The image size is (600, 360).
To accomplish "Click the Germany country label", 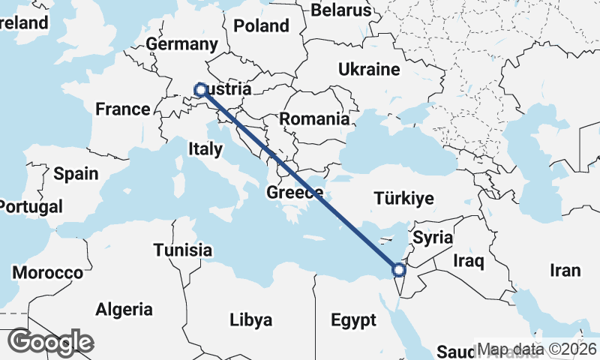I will coord(182,44).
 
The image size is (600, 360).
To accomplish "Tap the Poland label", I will coord(261,26).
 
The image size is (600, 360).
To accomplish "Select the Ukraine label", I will coord(368,70).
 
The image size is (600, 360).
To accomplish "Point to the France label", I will coord(123,109).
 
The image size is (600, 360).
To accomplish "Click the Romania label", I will coord(314,118).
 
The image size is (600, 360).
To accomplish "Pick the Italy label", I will coord(205,149).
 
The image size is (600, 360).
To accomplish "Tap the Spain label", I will coord(76,174).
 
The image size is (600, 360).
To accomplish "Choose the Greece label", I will coord(295,193).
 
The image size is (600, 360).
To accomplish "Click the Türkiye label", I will coord(403,199).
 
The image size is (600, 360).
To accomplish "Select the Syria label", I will coord(433,238).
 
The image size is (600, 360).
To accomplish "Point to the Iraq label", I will coord(469,261).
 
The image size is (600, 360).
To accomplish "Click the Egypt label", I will coord(353,321).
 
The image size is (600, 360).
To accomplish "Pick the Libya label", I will coord(250,320).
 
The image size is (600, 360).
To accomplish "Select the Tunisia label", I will coord(182,250).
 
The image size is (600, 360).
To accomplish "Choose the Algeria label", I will coord(124,309).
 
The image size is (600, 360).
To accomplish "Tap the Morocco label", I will coord(46,273).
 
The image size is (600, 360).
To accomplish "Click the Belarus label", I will coord(340,10).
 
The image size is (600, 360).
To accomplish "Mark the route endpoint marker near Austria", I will coord(201,90).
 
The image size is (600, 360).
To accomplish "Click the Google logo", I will coord(50,343).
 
